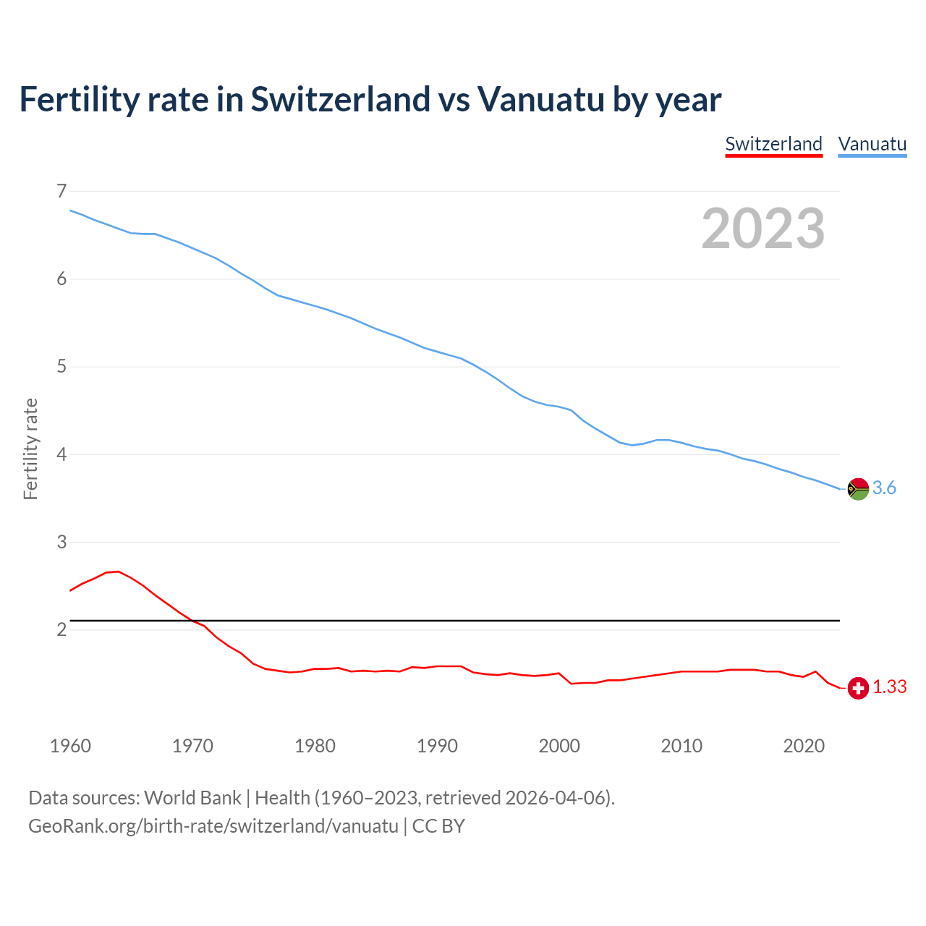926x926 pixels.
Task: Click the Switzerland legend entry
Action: click(773, 144)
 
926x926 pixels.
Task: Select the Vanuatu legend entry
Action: click(872, 144)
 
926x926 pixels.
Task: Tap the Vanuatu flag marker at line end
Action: click(858, 489)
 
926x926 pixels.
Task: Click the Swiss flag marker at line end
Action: click(858, 688)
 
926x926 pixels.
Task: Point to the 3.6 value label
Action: click(884, 488)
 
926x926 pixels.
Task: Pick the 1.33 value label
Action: click(889, 687)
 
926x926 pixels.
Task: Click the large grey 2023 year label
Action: click(763, 229)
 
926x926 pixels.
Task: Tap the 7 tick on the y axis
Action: click(61, 191)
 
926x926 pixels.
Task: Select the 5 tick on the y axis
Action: click(61, 367)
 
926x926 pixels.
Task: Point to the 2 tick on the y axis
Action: click(61, 630)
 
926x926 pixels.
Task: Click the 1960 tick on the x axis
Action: click(70, 746)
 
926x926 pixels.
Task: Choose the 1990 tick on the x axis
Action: click(437, 746)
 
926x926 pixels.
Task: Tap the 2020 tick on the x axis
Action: click(804, 746)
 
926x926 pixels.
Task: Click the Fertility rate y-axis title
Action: click(30, 449)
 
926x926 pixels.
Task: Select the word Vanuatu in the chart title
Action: click(540, 100)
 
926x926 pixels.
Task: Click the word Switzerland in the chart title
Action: click(339, 100)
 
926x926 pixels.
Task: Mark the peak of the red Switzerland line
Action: click(118, 572)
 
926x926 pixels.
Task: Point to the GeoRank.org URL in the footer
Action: click(213, 826)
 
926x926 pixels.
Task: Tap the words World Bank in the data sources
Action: click(192, 798)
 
